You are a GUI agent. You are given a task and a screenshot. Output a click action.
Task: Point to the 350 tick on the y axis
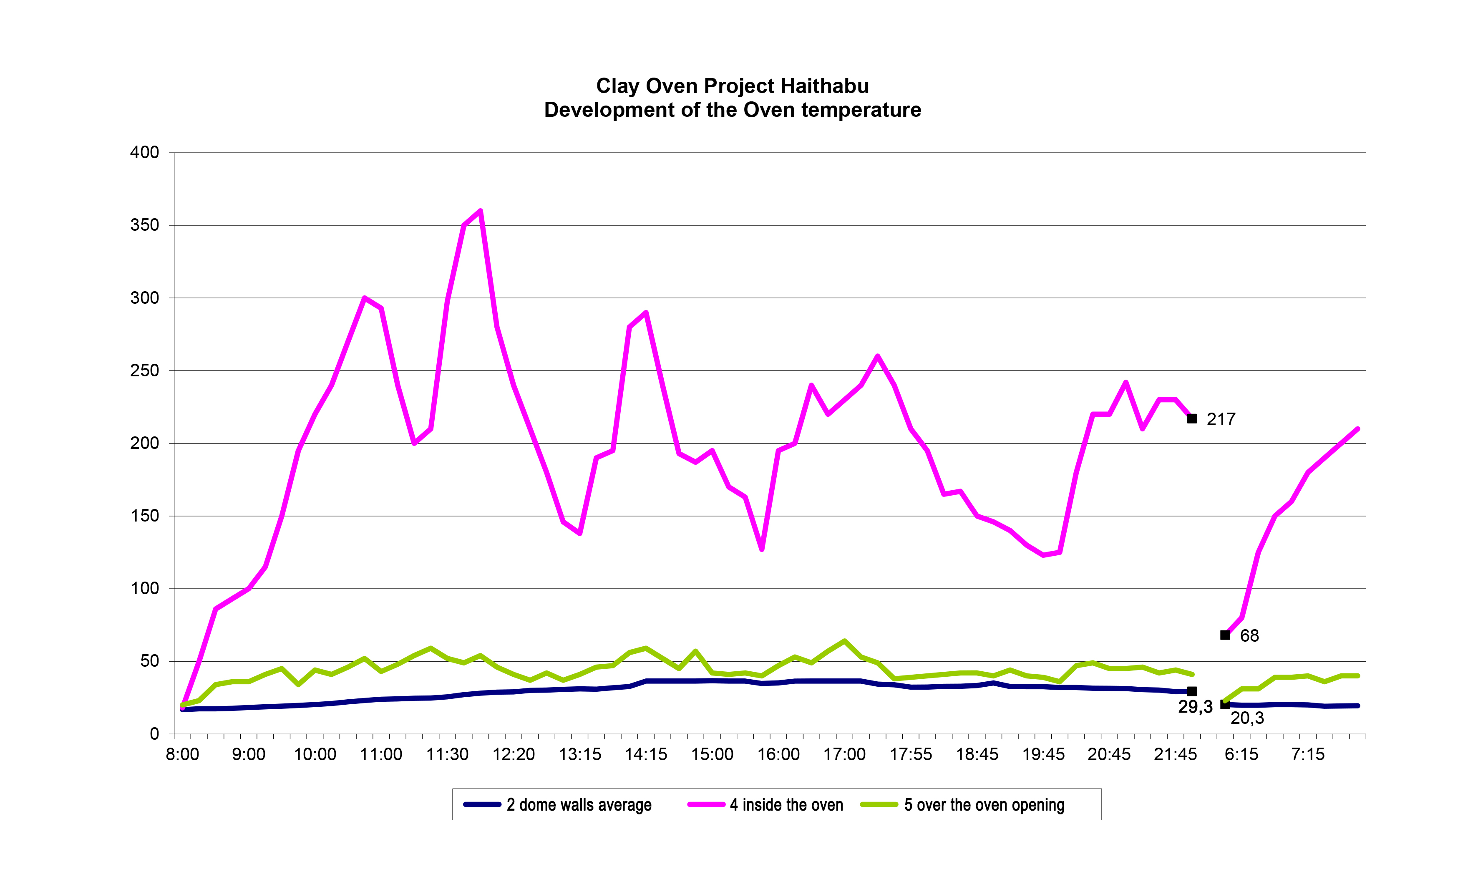pos(145,225)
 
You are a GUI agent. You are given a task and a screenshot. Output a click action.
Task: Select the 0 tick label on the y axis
pos(154,734)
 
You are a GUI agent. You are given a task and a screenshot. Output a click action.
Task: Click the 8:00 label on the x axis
pos(182,754)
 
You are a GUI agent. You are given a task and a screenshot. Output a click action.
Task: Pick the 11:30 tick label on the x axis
pos(447,754)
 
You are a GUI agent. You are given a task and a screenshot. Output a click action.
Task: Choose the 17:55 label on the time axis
pos(910,754)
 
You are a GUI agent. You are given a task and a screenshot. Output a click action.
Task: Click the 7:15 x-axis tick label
pos(1308,754)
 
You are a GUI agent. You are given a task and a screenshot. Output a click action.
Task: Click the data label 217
pos(1221,420)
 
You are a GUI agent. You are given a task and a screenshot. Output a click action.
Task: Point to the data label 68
pos(1249,635)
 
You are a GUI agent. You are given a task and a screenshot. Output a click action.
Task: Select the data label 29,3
pos(1195,707)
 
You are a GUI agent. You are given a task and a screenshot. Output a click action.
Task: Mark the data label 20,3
pos(1247,718)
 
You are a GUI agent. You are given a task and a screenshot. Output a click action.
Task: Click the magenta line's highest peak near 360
pos(481,211)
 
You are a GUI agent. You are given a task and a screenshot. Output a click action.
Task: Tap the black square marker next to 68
pos(1225,635)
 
